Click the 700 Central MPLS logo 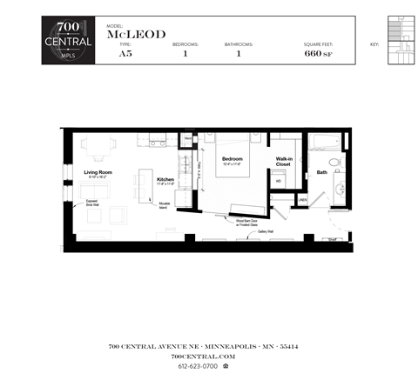pyautogui.click(x=69, y=41)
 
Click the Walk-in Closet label pyautogui.click(x=284, y=162)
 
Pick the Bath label pyautogui.click(x=321, y=172)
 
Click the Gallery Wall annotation pyautogui.click(x=266, y=232)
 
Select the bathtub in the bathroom pyautogui.click(x=326, y=142)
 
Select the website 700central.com pyautogui.click(x=203, y=357)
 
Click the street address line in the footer pyautogui.click(x=203, y=346)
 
